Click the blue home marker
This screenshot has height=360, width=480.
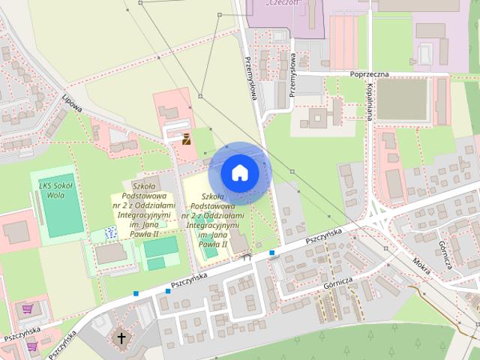[x=238, y=172]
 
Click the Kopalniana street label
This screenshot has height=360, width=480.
[x=370, y=101]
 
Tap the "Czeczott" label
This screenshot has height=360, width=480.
[x=283, y=3]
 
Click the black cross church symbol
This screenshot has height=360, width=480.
[x=121, y=337]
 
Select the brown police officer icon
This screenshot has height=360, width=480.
[x=186, y=137]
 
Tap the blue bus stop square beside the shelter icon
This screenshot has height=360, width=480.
[x=271, y=253]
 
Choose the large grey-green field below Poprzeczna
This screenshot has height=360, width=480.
[x=402, y=100]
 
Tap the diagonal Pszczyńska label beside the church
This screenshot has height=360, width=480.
[x=61, y=343]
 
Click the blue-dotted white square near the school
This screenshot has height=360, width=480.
[x=111, y=232]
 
